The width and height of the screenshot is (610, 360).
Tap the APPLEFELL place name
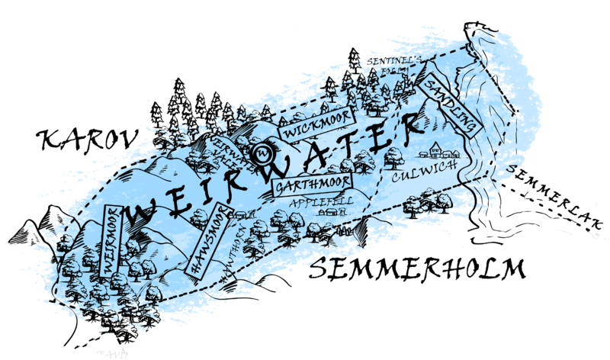click(317, 202)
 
